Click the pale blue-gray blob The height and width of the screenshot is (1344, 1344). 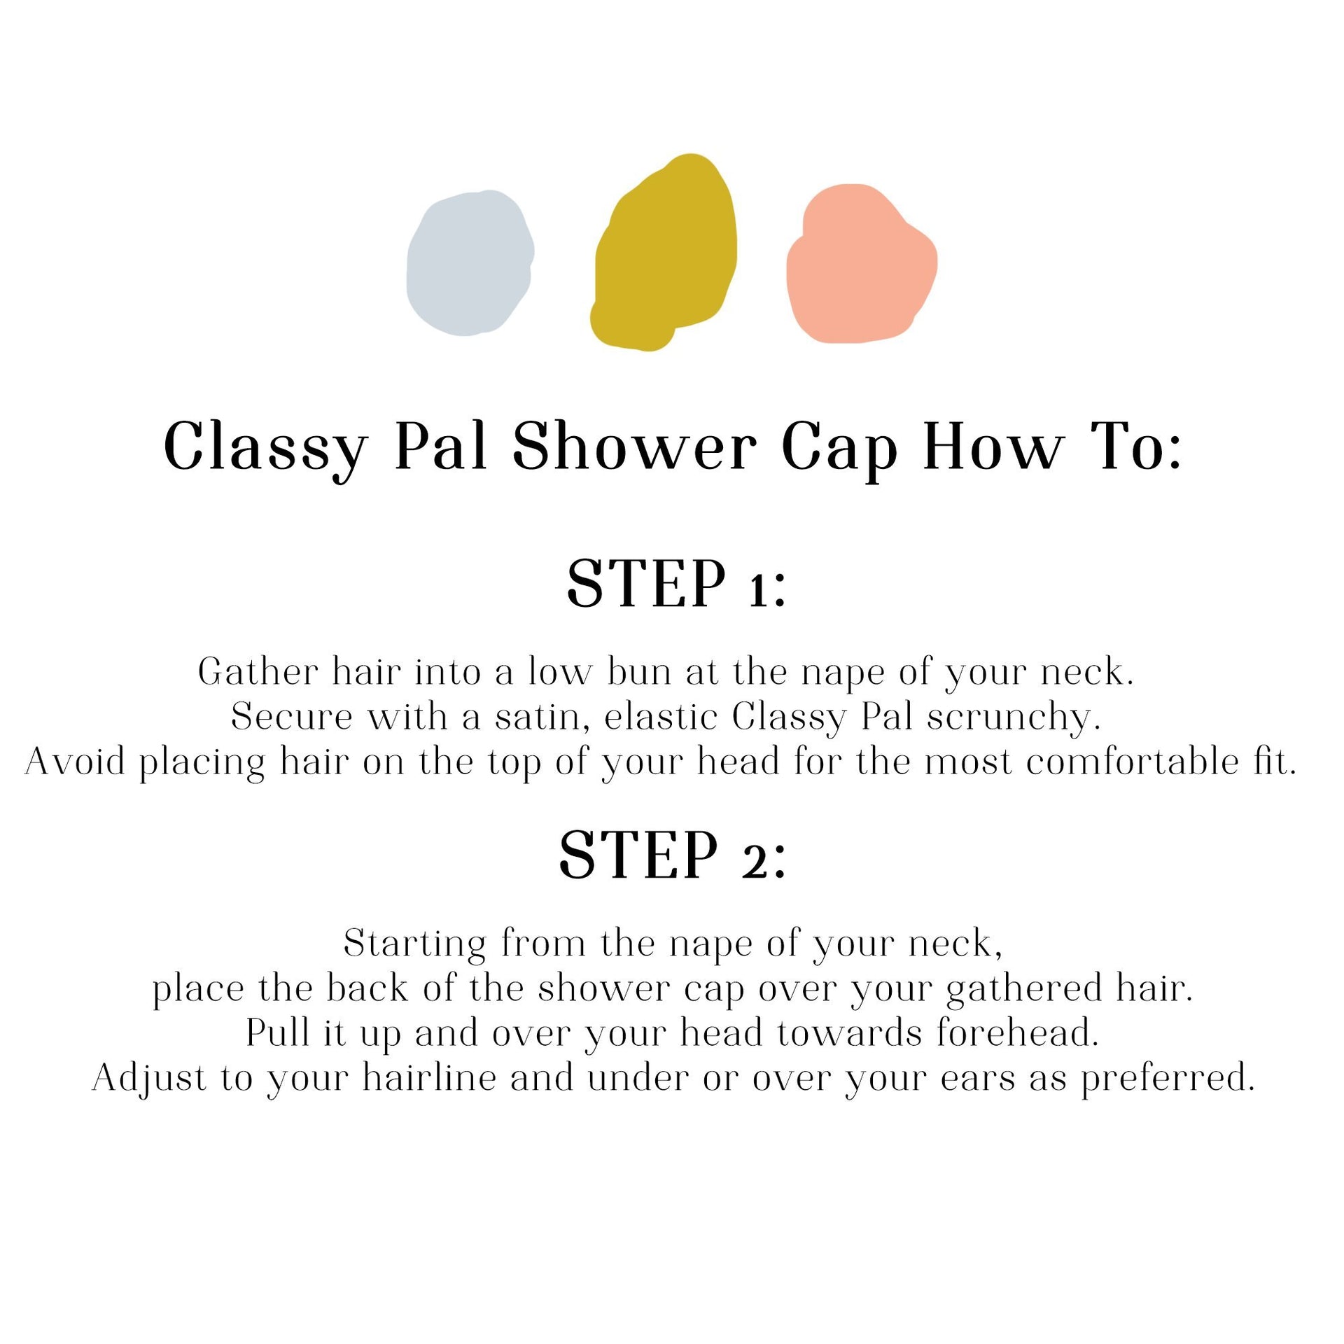[470, 263]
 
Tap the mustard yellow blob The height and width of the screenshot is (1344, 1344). [664, 253]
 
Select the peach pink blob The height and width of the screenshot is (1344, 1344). [861, 265]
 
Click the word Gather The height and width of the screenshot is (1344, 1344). [258, 672]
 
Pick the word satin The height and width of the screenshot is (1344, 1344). [538, 717]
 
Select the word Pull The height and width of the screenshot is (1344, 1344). [278, 1033]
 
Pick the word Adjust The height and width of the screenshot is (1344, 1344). [149, 1079]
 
